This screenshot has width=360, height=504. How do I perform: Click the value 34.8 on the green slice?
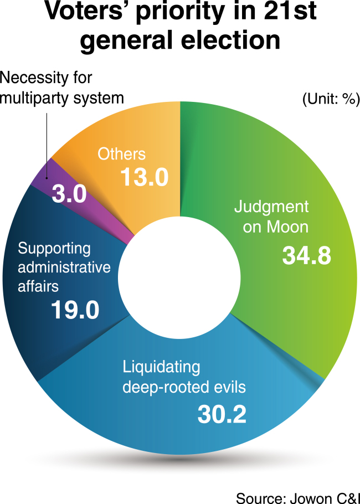[x=307, y=256]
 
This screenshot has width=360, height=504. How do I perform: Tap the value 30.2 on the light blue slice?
[x=222, y=414]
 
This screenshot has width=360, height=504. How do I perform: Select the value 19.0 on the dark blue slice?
[x=75, y=310]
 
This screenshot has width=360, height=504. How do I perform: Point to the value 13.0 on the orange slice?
[x=145, y=177]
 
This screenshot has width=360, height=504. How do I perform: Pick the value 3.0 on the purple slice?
[x=69, y=194]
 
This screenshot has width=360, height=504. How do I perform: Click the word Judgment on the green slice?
[x=271, y=207]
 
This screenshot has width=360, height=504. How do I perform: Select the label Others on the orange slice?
[x=121, y=154]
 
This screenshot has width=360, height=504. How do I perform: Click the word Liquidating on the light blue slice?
[x=161, y=368]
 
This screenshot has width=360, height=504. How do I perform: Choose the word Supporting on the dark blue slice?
[x=54, y=249]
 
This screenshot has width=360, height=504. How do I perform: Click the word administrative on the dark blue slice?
[x=64, y=267]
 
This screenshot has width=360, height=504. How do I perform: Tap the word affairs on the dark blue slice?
[x=38, y=286]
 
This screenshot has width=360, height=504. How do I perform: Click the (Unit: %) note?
[x=331, y=100]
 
